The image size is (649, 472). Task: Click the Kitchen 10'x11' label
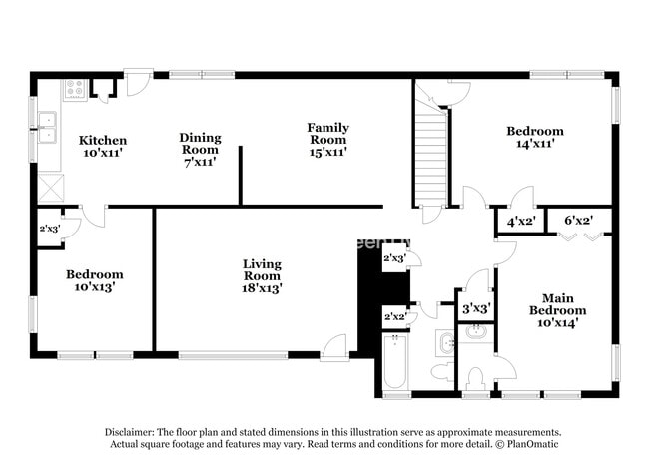pyautogui.click(x=103, y=148)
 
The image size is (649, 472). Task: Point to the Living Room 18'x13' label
pyautogui.click(x=262, y=275)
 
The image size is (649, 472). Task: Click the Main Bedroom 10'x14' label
pyautogui.click(x=557, y=310)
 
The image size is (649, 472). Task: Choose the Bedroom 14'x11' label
pyautogui.click(x=534, y=137)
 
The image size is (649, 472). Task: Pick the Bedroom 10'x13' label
pyautogui.click(x=95, y=281)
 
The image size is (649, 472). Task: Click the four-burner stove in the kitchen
pyautogui.click(x=75, y=89)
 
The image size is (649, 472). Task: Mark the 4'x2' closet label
pyautogui.click(x=521, y=221)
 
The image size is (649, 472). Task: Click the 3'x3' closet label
pyautogui.click(x=474, y=309)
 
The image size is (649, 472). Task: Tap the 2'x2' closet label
pyautogui.click(x=395, y=316)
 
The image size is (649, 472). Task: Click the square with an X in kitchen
pyautogui.click(x=50, y=188)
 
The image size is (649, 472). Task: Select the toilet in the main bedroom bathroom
pyautogui.click(x=475, y=378)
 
